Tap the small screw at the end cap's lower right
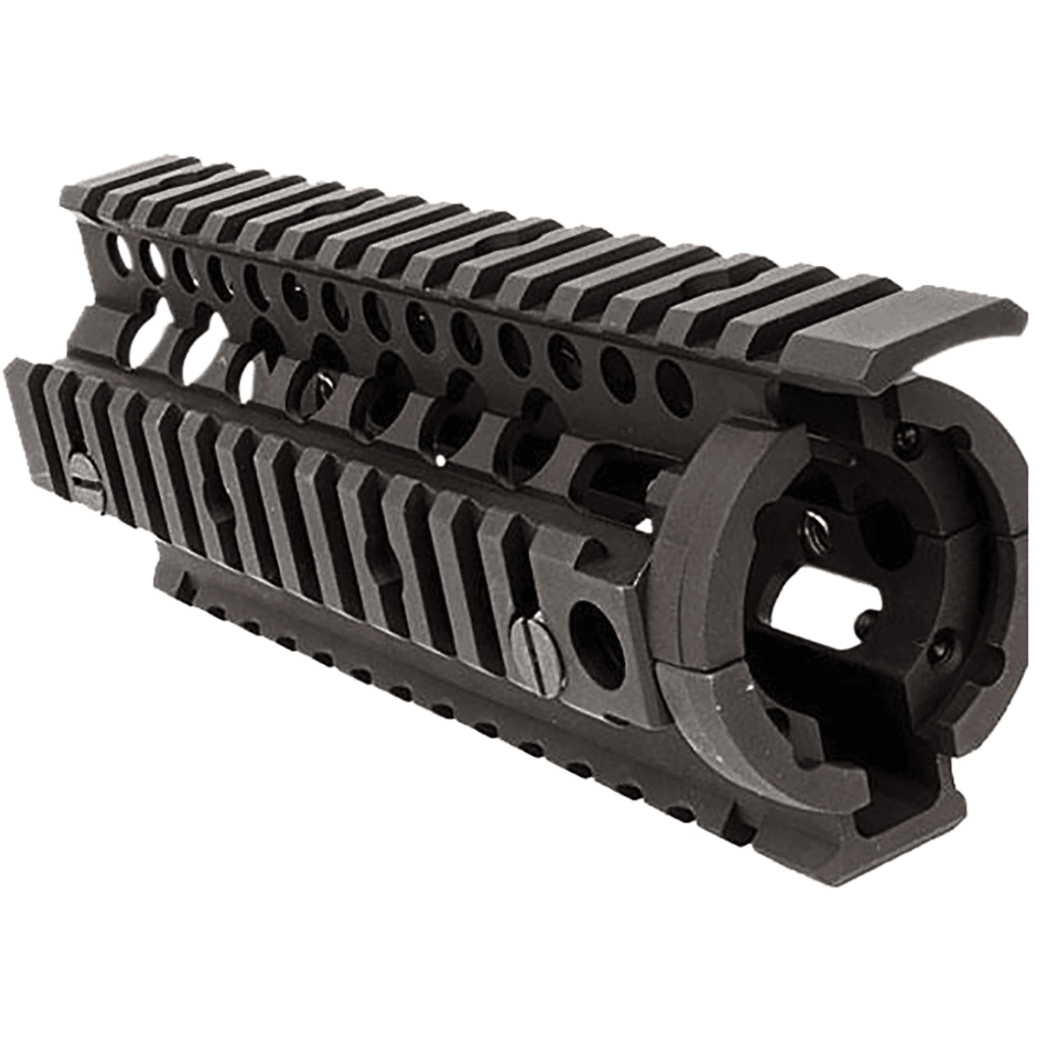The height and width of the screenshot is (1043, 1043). [940, 647]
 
